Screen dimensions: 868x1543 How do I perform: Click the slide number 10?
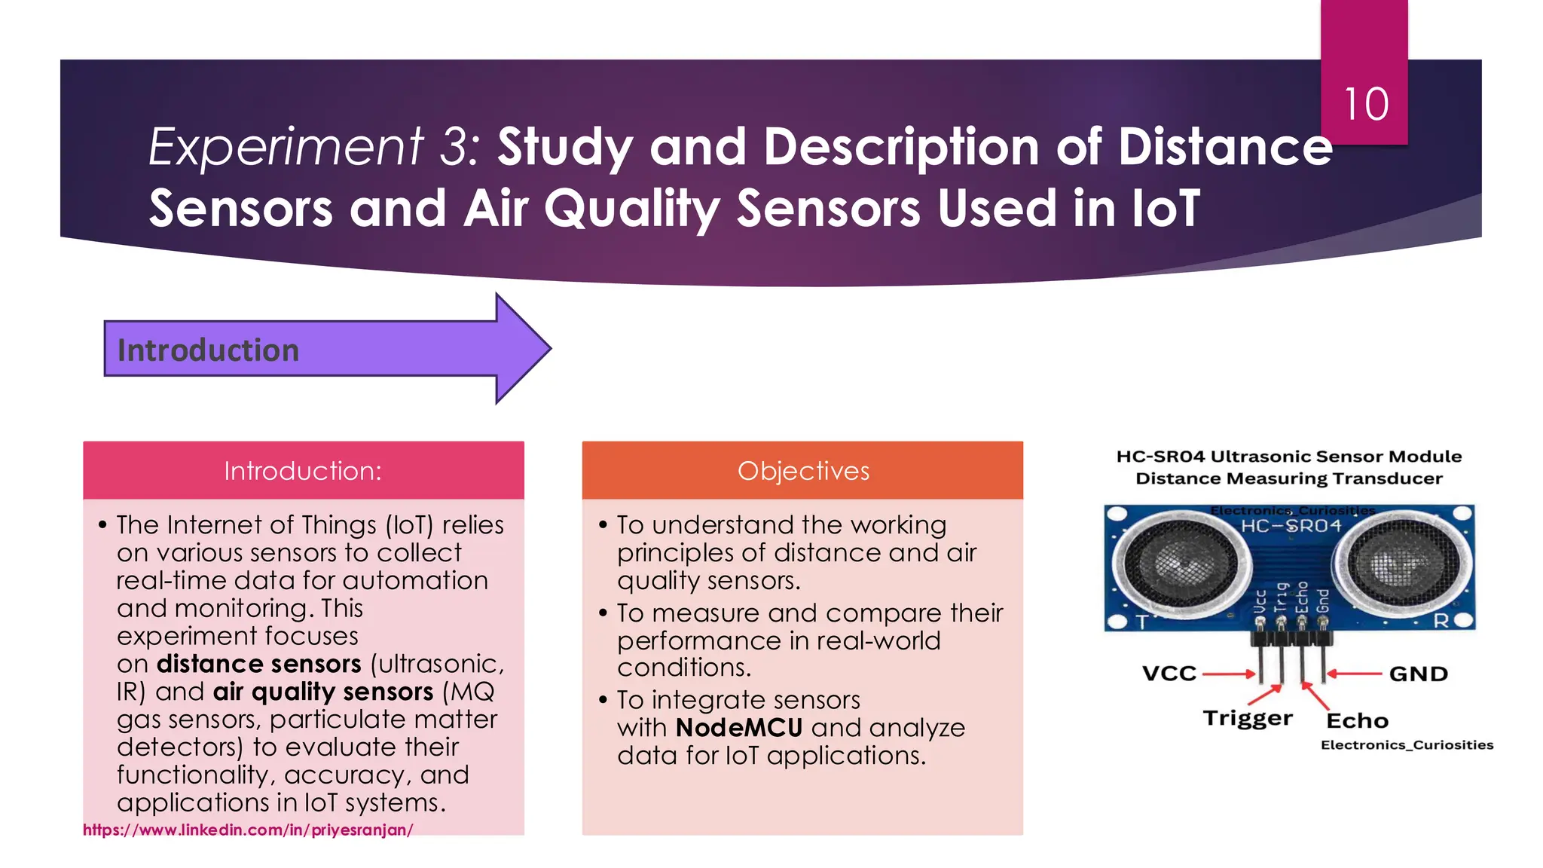pyautogui.click(x=1365, y=104)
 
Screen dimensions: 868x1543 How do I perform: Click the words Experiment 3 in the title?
pyautogui.click(x=313, y=146)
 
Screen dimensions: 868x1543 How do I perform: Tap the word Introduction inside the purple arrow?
pyautogui.click(x=208, y=350)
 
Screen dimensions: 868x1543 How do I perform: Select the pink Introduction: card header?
pyautogui.click(x=303, y=471)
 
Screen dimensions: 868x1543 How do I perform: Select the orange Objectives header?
pyautogui.click(x=802, y=471)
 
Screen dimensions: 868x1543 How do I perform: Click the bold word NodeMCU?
pyautogui.click(x=739, y=728)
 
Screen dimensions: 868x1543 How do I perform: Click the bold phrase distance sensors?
pyautogui.click(x=258, y=664)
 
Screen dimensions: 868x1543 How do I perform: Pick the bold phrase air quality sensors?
pyautogui.click(x=323, y=692)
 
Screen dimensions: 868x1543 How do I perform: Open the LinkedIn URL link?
pyautogui.click(x=248, y=830)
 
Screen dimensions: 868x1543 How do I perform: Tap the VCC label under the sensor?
pyautogui.click(x=1169, y=674)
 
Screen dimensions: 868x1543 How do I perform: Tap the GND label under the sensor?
pyautogui.click(x=1418, y=674)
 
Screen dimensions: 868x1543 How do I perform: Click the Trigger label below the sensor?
pyautogui.click(x=1247, y=718)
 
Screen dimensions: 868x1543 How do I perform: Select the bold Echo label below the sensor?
pyautogui.click(x=1357, y=721)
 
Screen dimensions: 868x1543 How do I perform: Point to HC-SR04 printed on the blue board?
pyautogui.click(x=1291, y=526)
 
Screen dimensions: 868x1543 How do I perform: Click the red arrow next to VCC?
pyautogui.click(x=1228, y=674)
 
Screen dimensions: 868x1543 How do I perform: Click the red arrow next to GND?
pyautogui.click(x=1355, y=674)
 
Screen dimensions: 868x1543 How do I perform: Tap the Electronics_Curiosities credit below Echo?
pyautogui.click(x=1407, y=745)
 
